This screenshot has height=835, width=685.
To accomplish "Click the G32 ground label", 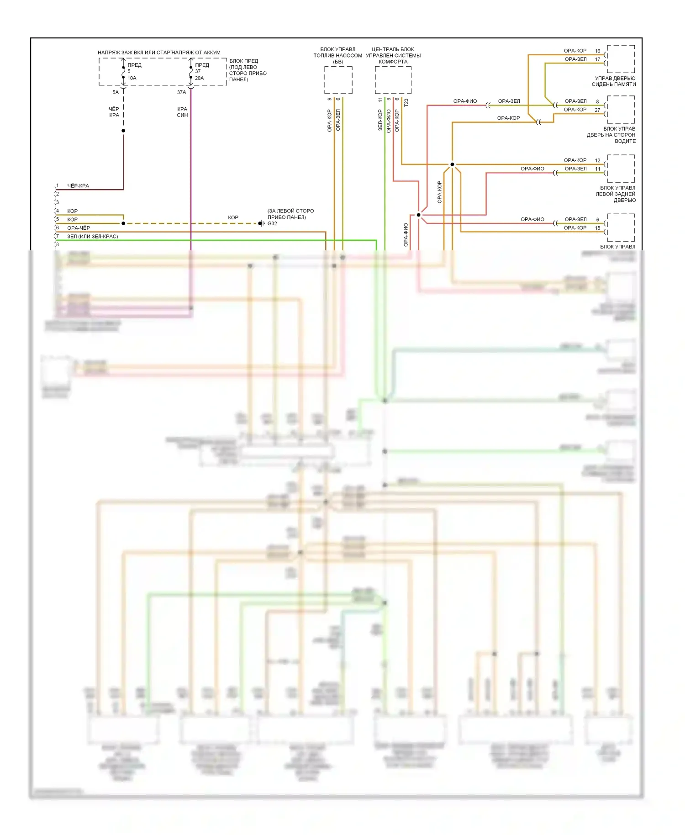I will tap(272, 223).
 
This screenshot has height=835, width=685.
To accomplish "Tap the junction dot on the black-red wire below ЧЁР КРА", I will tap(123, 131).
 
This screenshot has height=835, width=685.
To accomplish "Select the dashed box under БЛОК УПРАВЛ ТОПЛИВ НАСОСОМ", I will tap(338, 80).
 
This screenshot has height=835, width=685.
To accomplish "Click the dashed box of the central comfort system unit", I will tap(393, 80).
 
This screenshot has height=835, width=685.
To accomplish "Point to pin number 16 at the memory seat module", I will tap(597, 51).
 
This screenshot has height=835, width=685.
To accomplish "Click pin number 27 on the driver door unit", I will tap(597, 110).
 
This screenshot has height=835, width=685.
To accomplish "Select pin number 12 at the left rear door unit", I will tap(597, 160).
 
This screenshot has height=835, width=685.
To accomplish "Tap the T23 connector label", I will tap(406, 103).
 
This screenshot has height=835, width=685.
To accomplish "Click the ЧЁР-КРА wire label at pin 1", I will tap(78, 186).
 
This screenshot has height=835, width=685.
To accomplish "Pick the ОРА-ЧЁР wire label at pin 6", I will tap(79, 228).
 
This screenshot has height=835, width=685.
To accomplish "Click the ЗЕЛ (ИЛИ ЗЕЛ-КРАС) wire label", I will tap(93, 237).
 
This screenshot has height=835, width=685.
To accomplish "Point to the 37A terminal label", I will tap(181, 92).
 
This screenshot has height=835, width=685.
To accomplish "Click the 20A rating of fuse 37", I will tap(199, 78).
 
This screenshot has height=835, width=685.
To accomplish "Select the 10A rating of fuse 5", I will tap(132, 78).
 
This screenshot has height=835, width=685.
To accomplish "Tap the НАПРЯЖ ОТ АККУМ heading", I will tap(197, 53).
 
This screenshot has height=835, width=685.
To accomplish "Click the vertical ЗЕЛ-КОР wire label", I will tap(380, 120).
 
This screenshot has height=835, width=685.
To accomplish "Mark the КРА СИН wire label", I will tap(182, 112).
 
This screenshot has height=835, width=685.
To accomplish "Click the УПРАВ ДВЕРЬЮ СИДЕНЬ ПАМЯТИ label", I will tap(614, 81).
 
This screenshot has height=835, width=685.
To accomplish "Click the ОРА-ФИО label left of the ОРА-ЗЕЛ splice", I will tap(465, 101).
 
